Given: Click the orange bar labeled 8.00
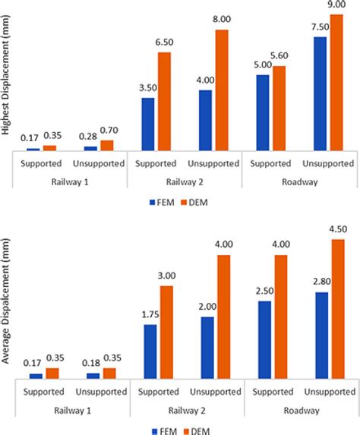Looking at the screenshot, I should (x=222, y=90).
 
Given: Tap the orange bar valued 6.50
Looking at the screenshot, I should (x=165, y=101).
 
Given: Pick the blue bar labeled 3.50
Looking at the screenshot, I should (x=148, y=124).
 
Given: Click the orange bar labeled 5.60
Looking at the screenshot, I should (x=279, y=108).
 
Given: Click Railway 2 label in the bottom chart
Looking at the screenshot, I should (x=185, y=410).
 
